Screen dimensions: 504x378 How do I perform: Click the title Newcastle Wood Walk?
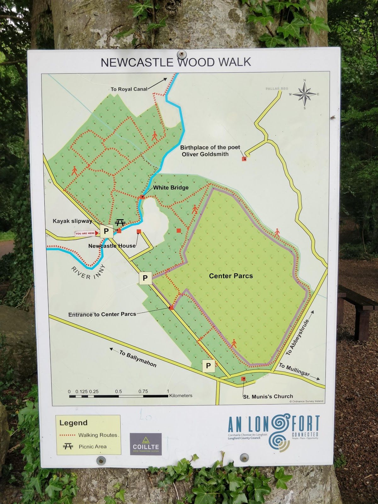[176, 62]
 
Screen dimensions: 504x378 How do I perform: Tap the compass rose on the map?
[305, 94]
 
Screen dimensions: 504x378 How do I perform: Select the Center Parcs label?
[231, 276]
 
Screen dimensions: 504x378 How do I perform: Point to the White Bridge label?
[171, 188]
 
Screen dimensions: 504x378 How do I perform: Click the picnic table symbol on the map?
[120, 223]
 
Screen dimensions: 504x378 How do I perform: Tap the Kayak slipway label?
[72, 221]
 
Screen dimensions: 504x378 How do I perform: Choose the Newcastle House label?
[112, 246]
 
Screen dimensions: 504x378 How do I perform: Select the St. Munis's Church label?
[268, 396]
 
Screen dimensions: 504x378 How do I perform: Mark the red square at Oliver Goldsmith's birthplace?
[244, 159]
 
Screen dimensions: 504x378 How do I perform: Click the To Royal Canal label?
[129, 89]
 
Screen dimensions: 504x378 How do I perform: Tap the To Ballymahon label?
[138, 359]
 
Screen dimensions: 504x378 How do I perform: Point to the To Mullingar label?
[295, 370]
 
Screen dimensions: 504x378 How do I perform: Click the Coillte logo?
[146, 444]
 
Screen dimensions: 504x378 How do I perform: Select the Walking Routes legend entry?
[98, 435]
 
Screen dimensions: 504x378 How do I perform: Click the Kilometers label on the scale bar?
[180, 395]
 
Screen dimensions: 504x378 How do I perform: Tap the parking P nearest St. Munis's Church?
[208, 366]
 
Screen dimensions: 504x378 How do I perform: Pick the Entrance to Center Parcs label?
[102, 314]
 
